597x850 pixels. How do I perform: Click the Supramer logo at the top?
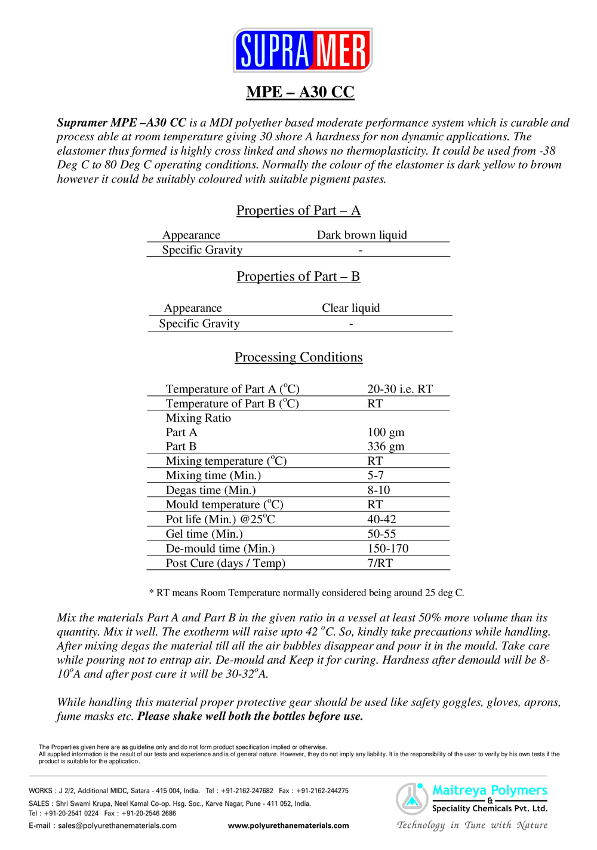point(303,50)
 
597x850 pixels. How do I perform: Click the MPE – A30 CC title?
point(300,92)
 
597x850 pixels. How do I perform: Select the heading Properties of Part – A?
point(298,210)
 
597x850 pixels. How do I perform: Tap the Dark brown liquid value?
point(362,235)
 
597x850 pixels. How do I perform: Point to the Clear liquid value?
point(351,308)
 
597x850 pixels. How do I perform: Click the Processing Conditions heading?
point(298,357)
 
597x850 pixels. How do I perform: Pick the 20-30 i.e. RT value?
point(400,389)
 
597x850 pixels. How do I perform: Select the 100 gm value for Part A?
point(386,432)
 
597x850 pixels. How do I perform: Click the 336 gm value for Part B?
point(386,446)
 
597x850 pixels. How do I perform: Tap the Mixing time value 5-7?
point(376,475)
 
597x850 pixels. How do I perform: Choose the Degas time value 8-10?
point(378,490)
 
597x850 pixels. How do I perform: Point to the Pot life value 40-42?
point(381,519)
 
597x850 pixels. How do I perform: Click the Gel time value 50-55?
point(381,534)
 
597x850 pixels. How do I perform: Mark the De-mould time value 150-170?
point(388,548)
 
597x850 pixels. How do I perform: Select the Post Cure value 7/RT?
point(380,563)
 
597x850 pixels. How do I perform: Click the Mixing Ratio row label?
point(198,418)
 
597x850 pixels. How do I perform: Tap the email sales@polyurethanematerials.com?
point(117,826)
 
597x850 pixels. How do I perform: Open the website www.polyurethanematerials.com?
point(288,826)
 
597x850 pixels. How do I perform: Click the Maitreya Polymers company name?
point(490,790)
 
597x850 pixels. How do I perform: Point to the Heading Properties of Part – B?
point(298,277)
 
